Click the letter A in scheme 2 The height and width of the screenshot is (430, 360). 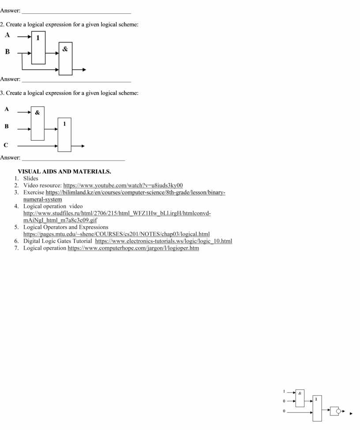[x=7, y=35]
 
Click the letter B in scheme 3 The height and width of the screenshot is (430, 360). [x=7, y=127]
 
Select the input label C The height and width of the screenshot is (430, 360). [x=6, y=145]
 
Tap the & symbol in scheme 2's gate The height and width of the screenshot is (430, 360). [x=65, y=49]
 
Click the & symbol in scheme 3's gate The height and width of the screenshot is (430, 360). [x=37, y=113]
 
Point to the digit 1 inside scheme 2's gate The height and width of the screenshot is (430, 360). [x=38, y=38]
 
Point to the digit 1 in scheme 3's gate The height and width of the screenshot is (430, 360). [x=64, y=124]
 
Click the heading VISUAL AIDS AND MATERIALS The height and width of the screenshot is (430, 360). [x=64, y=171]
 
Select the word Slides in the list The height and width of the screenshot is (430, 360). [x=31, y=179]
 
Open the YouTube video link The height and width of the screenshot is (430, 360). [x=123, y=186]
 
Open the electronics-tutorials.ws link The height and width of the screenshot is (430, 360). [x=163, y=241]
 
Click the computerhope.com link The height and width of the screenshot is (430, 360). [x=133, y=248]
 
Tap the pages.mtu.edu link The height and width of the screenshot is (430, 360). [x=116, y=234]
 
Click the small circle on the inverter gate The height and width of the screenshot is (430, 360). [x=338, y=411]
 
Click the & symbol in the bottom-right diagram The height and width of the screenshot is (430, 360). [x=300, y=393]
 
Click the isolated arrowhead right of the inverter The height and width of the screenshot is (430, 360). [x=351, y=414]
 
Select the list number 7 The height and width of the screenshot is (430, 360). [x=16, y=248]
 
